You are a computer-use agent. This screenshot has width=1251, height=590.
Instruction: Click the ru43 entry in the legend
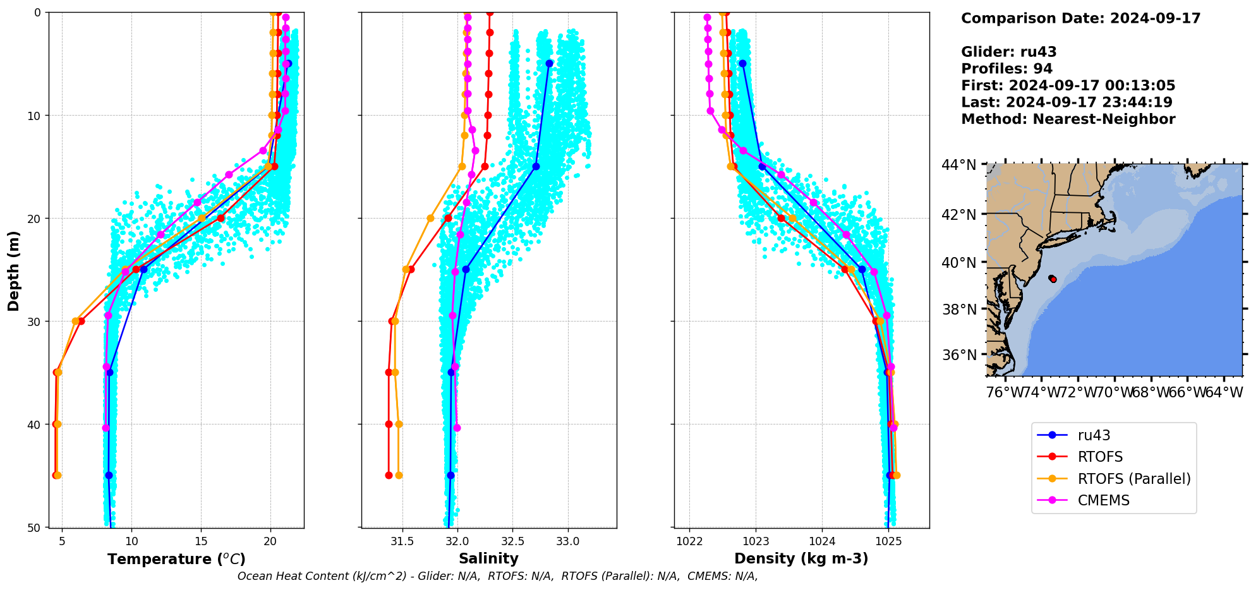click(x=1094, y=435)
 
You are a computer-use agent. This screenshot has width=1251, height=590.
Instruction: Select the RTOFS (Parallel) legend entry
click(x=1133, y=479)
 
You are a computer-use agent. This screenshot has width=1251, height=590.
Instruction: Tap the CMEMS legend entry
click(x=1103, y=500)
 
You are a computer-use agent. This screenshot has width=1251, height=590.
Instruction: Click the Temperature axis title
click(x=176, y=559)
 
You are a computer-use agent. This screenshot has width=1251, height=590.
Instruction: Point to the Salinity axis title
click(x=488, y=558)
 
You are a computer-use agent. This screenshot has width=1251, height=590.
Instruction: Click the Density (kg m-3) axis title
click(x=801, y=558)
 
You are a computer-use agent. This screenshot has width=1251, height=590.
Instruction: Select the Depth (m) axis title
click(x=13, y=270)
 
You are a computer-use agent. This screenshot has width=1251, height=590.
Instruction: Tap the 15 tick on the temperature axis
click(x=201, y=541)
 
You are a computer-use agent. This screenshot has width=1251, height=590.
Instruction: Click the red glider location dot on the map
click(x=1053, y=279)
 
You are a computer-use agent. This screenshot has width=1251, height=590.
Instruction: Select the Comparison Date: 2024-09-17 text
click(x=1080, y=18)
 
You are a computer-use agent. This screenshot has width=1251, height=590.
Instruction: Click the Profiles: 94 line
click(x=1006, y=69)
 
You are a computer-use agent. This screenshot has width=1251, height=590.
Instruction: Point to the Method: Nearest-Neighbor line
click(x=1068, y=119)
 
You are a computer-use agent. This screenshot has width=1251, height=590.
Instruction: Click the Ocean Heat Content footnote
click(x=497, y=576)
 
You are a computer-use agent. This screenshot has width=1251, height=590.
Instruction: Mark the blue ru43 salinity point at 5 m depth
click(x=549, y=63)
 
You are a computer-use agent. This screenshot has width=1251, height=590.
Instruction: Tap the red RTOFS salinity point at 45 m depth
click(x=389, y=475)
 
